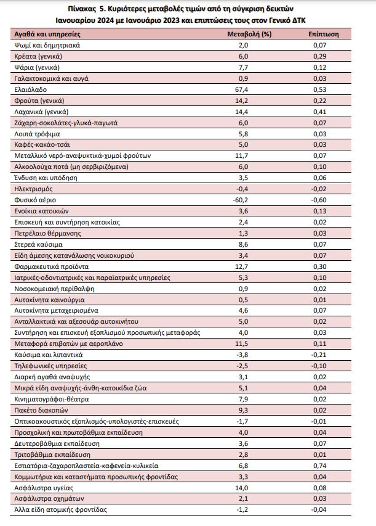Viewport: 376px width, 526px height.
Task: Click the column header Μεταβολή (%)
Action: point(249,34)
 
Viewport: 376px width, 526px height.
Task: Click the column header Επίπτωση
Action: point(324,34)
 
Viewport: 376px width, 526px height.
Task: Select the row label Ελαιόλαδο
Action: point(31,89)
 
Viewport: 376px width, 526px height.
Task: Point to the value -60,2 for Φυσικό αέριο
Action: point(241,200)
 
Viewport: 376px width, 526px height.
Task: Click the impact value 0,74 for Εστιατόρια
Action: point(320,466)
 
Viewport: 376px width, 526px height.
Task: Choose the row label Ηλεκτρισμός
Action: point(33,189)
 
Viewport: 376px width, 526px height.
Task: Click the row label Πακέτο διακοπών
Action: point(41,410)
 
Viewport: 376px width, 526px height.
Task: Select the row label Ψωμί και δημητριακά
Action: point(47,45)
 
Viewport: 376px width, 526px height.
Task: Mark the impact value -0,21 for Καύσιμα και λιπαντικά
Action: point(319,355)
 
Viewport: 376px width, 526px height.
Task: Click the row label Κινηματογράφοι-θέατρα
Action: point(52,399)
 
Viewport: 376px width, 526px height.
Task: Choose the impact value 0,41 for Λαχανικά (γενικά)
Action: point(320,112)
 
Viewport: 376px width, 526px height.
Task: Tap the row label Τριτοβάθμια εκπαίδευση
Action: point(52,455)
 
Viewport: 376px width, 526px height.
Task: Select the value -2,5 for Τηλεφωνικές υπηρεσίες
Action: point(242,366)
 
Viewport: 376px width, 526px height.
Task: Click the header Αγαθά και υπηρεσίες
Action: point(47,34)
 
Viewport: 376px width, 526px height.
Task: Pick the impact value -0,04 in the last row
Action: point(319,510)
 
